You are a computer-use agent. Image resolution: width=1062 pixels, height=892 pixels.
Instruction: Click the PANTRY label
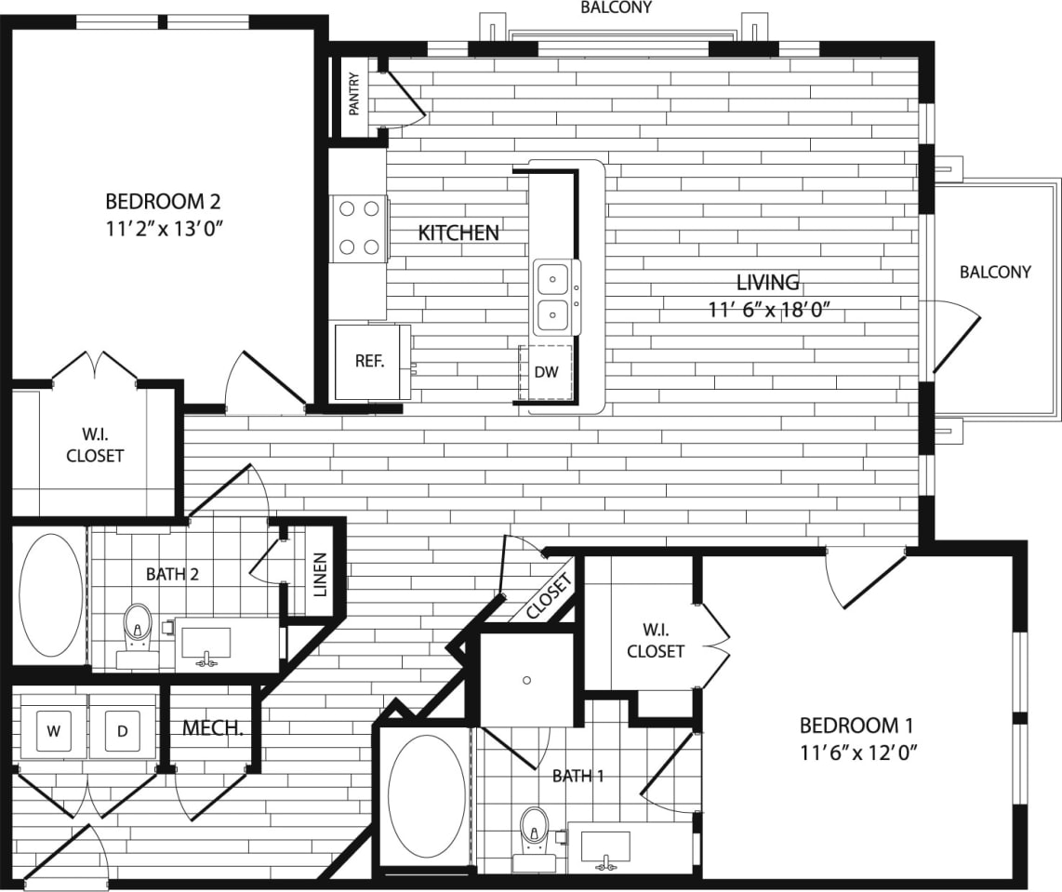tap(354, 94)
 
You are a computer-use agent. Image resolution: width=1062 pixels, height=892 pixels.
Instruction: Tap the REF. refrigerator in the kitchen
tap(369, 362)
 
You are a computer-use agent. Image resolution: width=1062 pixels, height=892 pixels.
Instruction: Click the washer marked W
tap(54, 731)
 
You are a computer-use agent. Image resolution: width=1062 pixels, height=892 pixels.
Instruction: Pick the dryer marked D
tap(122, 731)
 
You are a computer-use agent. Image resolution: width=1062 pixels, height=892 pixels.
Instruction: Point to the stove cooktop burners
tap(360, 228)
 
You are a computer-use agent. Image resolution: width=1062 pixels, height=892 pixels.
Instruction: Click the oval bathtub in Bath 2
tap(51, 593)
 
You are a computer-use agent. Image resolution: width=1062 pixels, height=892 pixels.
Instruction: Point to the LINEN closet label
tap(320, 575)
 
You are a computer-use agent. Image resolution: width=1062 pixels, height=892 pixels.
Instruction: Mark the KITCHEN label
tap(458, 233)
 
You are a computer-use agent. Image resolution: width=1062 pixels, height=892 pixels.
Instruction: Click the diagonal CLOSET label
tap(547, 597)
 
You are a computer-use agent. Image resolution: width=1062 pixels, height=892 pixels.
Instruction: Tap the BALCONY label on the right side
tap(995, 272)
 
